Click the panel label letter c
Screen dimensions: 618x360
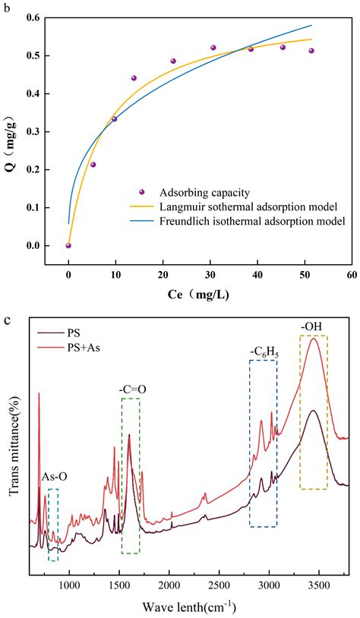[6, 320]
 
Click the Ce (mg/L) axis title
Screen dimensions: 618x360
[209, 293]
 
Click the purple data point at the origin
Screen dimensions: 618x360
[68, 245]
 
